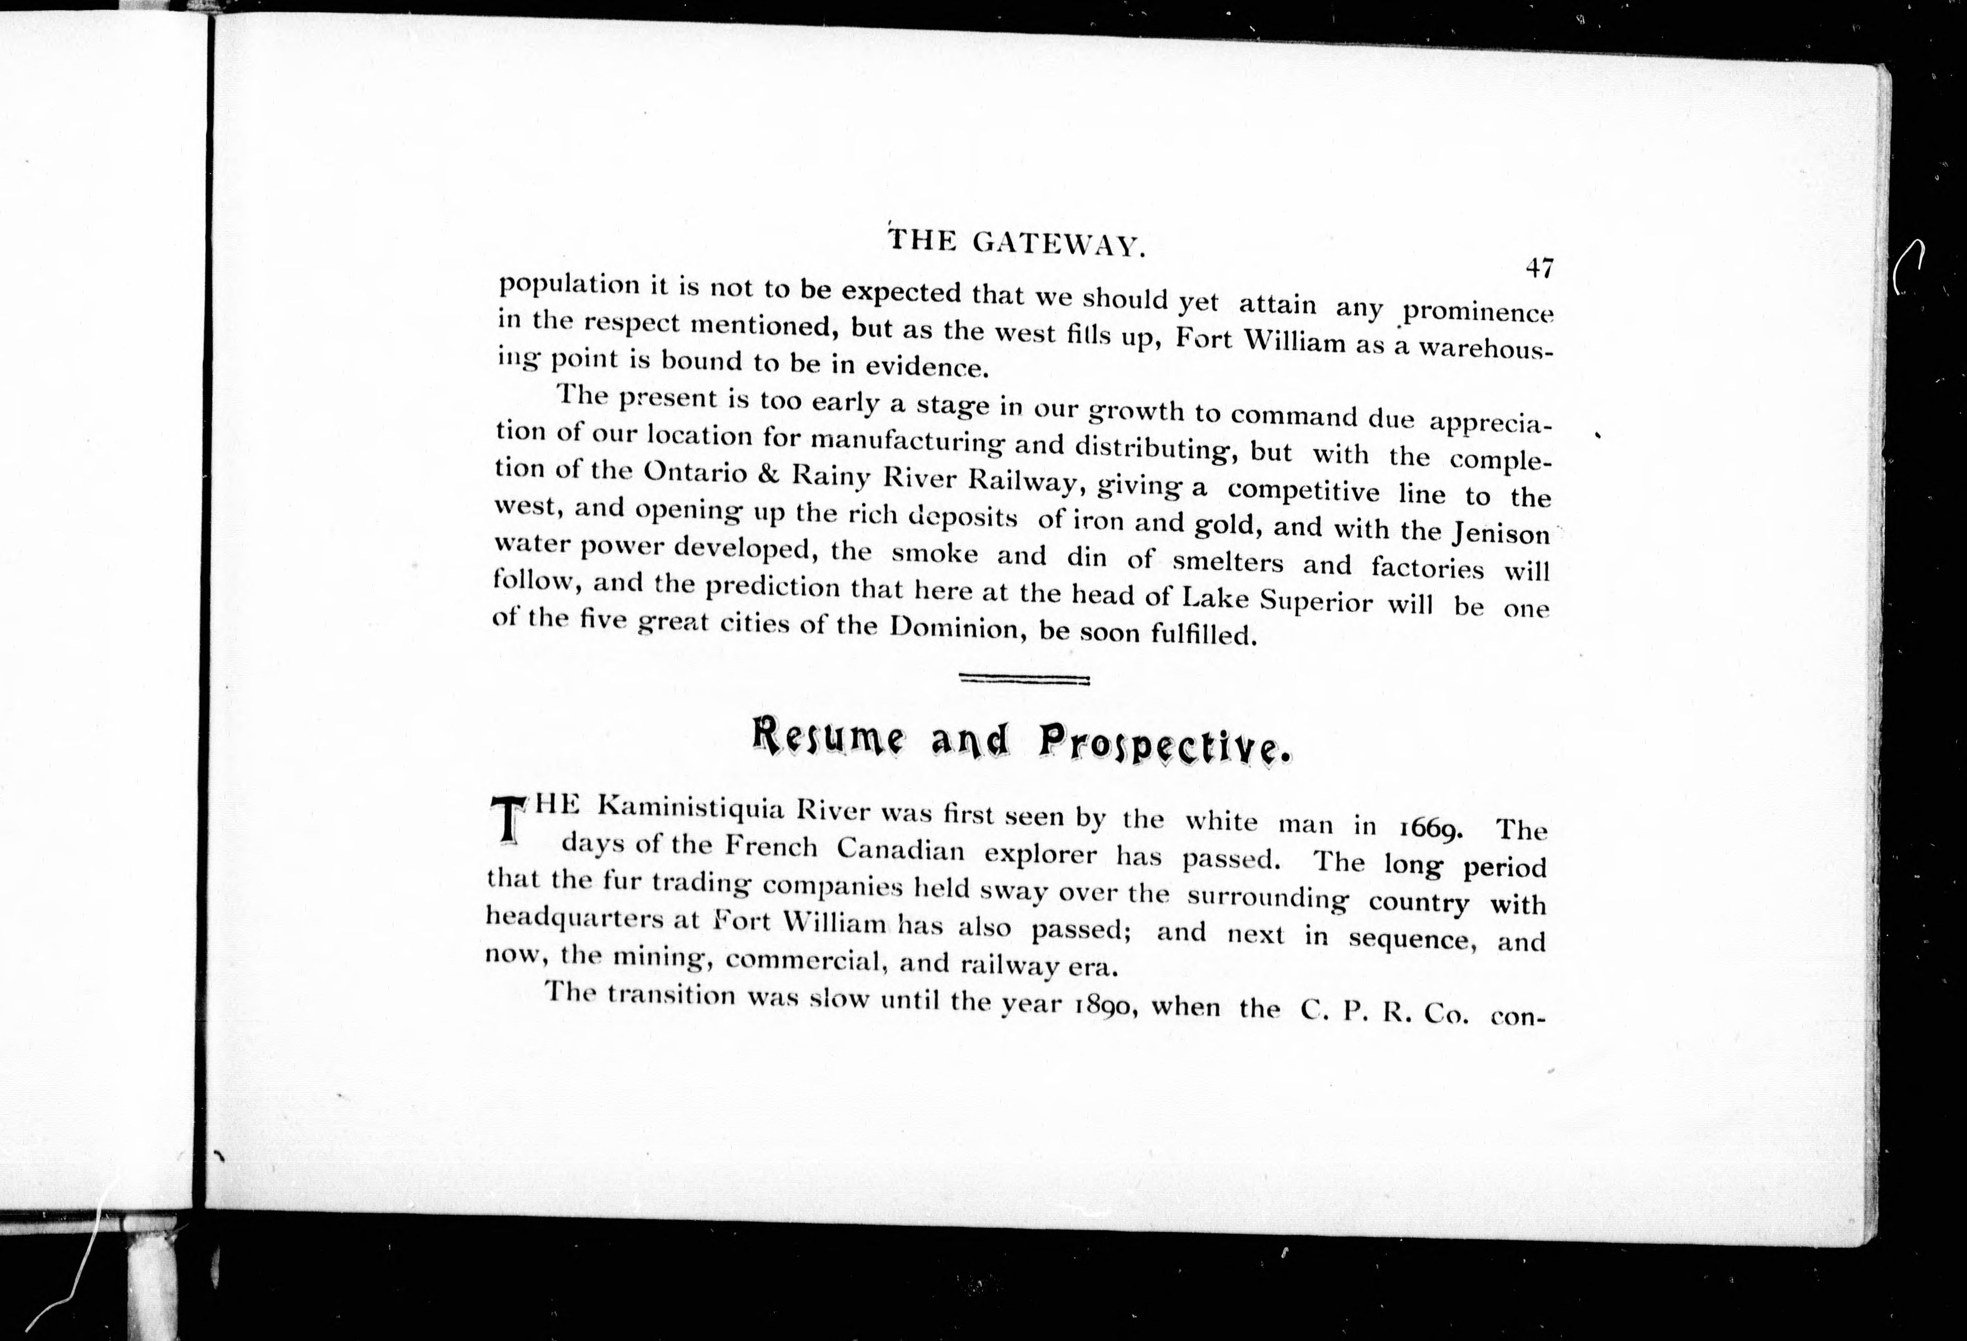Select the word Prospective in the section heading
(x=1164, y=745)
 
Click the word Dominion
(x=949, y=627)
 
